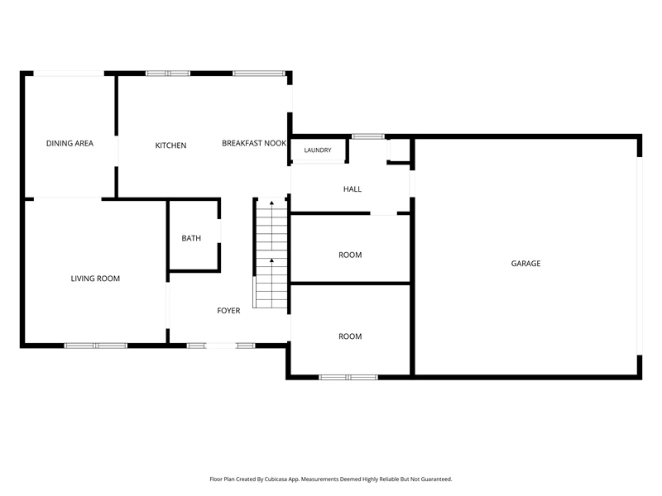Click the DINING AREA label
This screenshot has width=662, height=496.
coord(70,143)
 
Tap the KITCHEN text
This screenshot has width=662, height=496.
coord(170,145)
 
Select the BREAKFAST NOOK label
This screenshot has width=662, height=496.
coord(254,143)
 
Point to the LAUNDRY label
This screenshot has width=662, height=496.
coord(318,150)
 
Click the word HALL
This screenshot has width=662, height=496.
coord(353,189)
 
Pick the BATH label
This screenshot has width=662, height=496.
coord(191,238)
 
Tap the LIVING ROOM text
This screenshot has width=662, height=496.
coord(95,279)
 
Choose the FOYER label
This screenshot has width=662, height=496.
coord(228,311)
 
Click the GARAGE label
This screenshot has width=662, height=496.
coord(525,264)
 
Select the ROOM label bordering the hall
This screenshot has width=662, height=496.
coord(350,255)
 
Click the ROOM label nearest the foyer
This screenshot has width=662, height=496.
coord(350,336)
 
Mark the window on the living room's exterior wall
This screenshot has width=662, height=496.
coord(96,346)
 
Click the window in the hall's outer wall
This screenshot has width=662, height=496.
coord(368,136)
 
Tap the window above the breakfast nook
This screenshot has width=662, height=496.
coord(258,74)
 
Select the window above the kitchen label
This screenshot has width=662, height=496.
coord(168,74)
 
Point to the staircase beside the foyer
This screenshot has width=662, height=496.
coord(271,253)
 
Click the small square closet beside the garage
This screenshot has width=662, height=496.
coord(399,150)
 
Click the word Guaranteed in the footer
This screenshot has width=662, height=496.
coord(439,479)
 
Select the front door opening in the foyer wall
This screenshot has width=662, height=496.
coord(221,346)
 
